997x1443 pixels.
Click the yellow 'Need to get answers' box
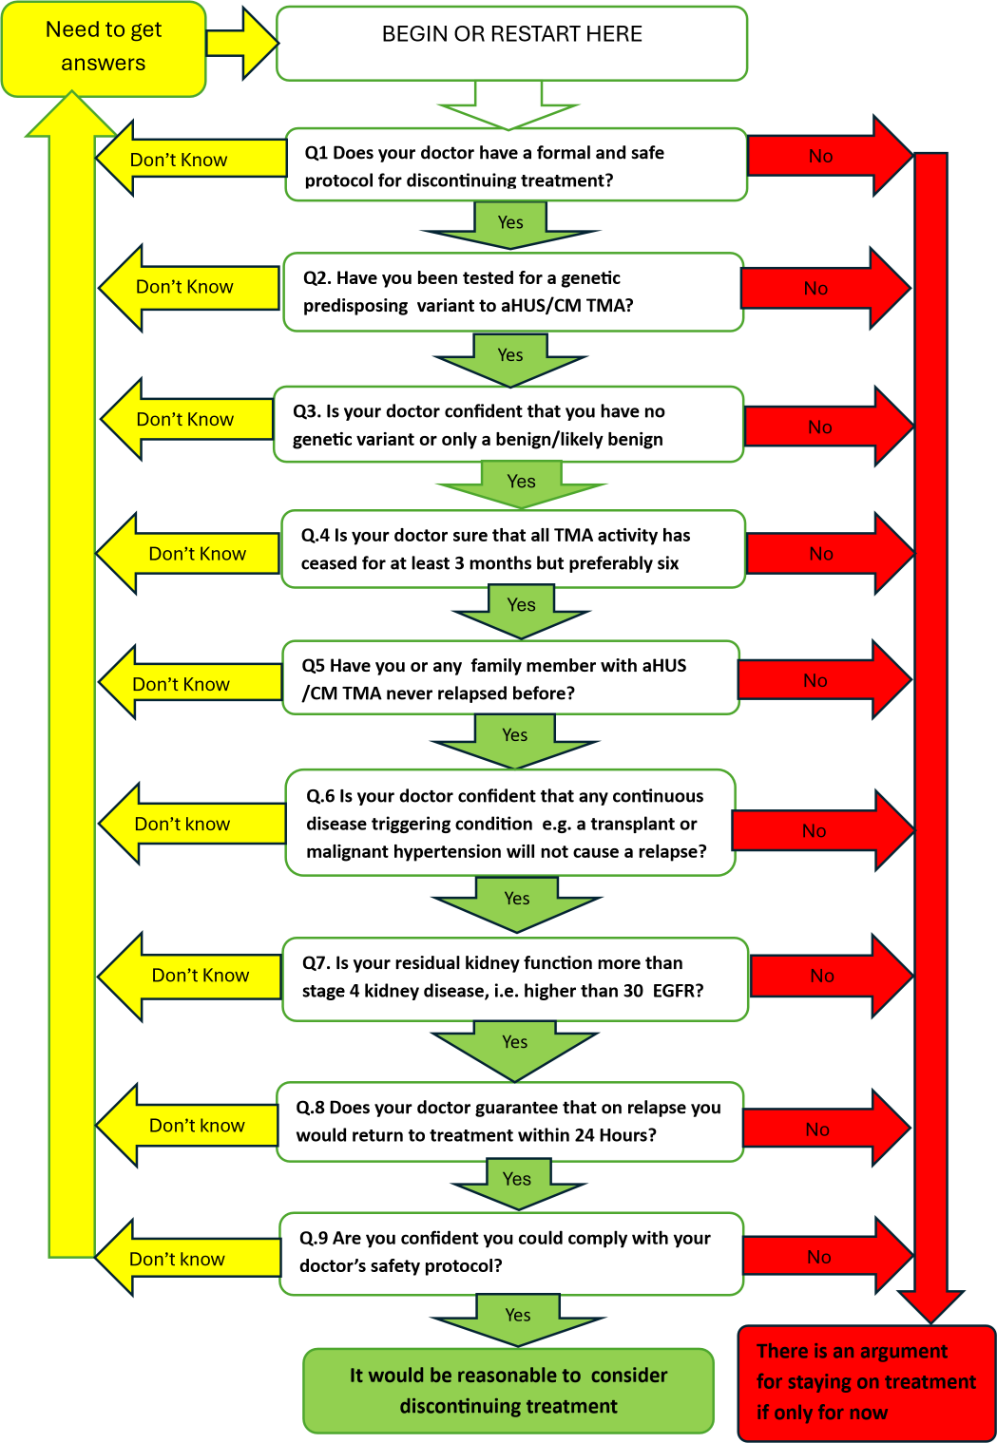[x=104, y=49]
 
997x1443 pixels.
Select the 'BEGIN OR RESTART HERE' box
[x=511, y=43]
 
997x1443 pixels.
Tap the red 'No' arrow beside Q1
[x=830, y=155]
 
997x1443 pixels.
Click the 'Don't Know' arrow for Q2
[x=189, y=287]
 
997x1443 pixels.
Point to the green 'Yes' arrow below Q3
[x=522, y=484]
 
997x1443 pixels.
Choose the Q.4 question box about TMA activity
[x=513, y=549]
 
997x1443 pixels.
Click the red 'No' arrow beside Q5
[x=825, y=679]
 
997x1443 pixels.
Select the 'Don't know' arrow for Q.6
[x=192, y=824]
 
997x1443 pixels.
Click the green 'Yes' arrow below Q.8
[x=518, y=1184]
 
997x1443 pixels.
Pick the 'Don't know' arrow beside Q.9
[x=187, y=1258]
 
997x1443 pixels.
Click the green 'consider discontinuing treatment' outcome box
[x=508, y=1390]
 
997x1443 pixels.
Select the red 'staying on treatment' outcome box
[x=867, y=1383]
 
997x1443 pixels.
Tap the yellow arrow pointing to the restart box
[x=243, y=44]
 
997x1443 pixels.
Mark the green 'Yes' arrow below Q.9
[x=519, y=1320]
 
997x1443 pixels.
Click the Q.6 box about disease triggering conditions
[x=510, y=823]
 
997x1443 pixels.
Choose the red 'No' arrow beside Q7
[x=832, y=976]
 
